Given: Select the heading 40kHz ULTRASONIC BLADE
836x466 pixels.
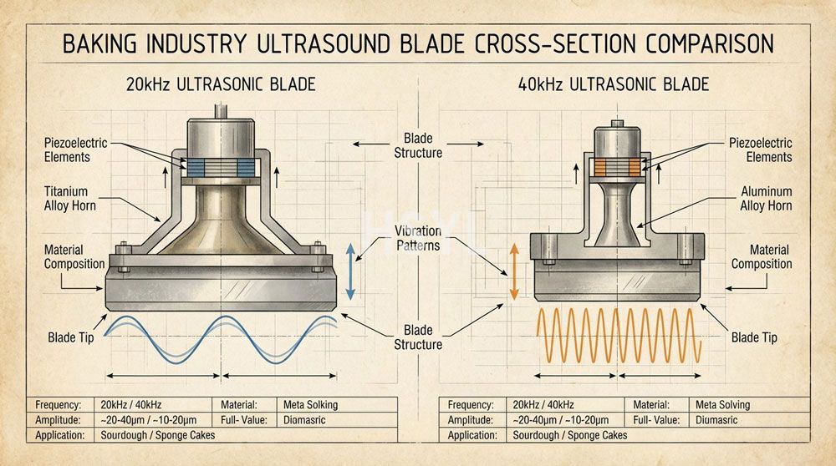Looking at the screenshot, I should pos(613,84).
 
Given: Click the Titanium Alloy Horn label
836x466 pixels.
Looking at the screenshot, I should pos(69,199).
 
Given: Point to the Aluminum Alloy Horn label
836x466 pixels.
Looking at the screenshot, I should pos(766,199).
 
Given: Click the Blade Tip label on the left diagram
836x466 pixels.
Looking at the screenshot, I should pos(71,337).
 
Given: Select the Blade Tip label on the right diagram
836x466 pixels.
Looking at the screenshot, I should pos(754,337).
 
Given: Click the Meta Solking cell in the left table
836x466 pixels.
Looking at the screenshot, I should pos(310,405).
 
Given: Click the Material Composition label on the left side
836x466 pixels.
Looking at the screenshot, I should pos(74,257).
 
